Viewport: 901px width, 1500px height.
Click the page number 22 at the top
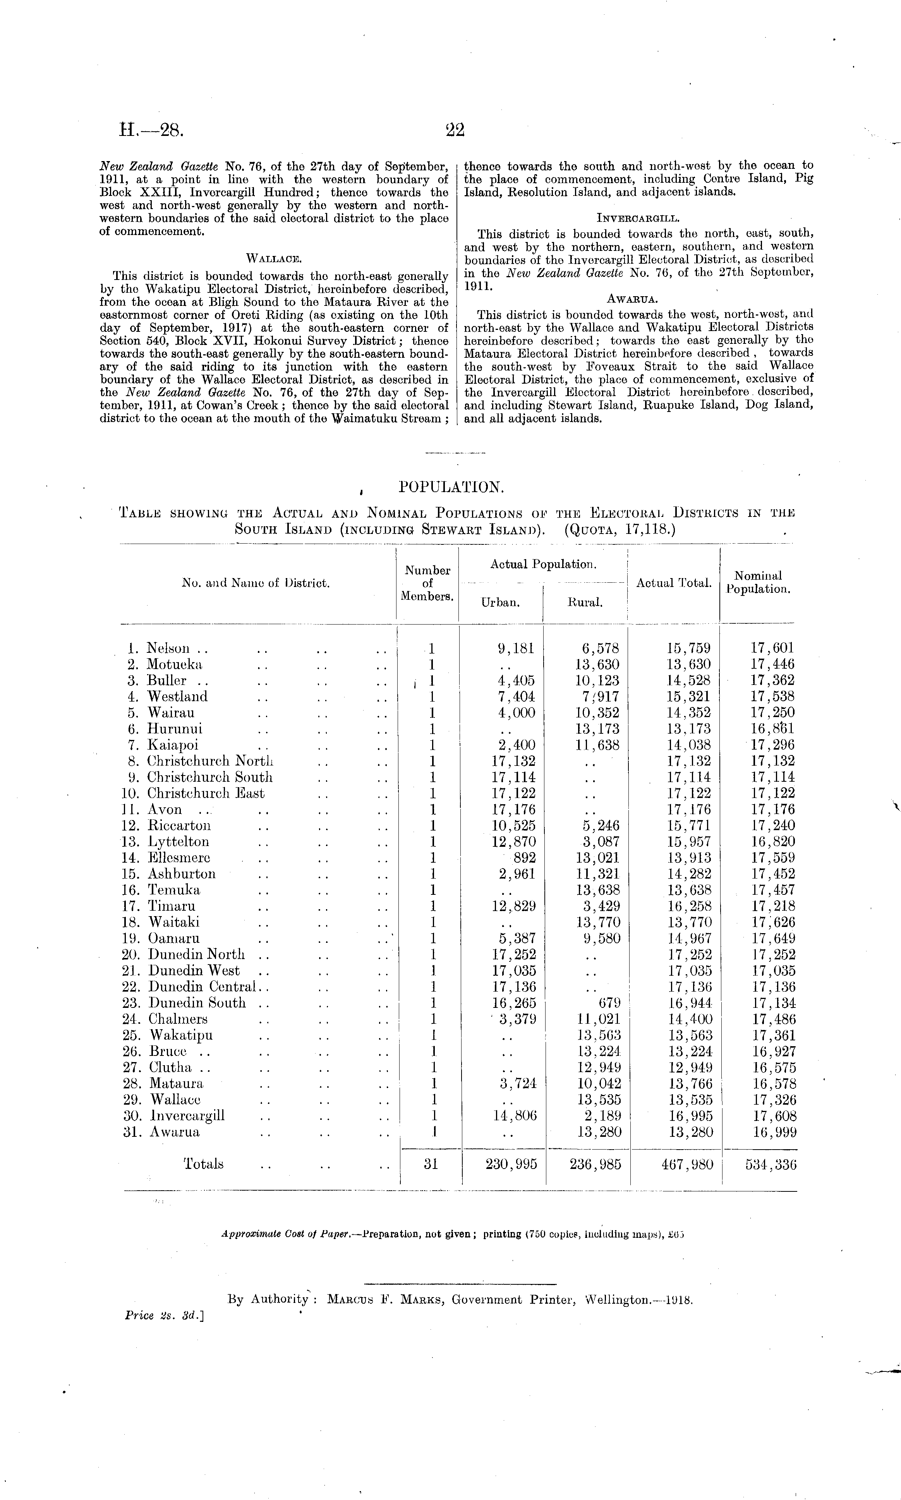click(455, 130)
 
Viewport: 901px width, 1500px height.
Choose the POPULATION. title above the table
click(451, 487)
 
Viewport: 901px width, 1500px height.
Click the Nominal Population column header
click(758, 582)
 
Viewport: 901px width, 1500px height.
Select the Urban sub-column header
click(500, 603)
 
